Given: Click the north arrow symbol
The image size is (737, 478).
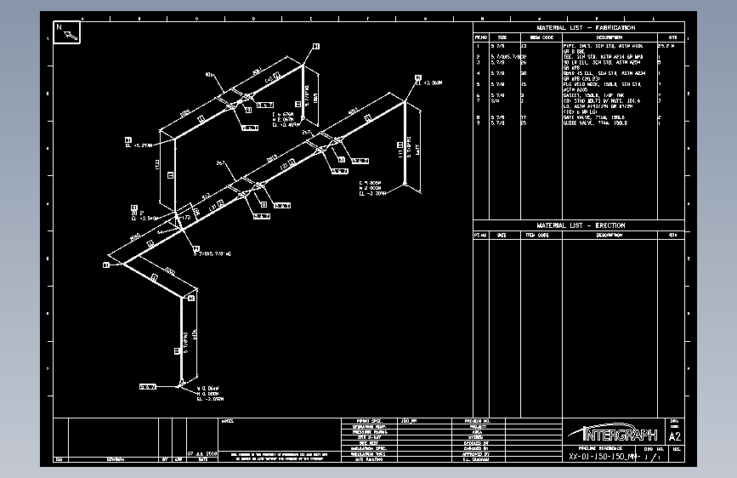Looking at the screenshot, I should point(67,32).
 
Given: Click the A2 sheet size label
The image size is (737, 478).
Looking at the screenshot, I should point(676,436).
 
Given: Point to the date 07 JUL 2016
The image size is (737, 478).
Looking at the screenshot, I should point(202,454).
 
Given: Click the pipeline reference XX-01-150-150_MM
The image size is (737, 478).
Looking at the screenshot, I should point(604,457).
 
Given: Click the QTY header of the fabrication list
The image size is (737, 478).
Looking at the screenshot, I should point(672,37).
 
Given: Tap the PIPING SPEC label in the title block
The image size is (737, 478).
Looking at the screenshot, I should point(369,421).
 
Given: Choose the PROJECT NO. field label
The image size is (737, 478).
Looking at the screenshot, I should point(478,421).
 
